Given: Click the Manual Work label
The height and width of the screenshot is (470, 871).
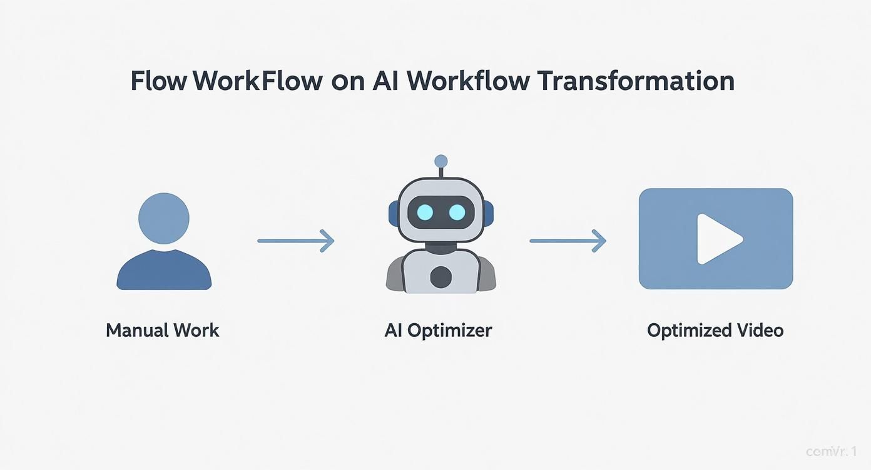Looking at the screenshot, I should click(x=163, y=330).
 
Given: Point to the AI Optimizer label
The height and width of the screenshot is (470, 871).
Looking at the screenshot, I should click(x=438, y=330).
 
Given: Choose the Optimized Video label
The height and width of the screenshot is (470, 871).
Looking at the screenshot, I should click(x=715, y=330).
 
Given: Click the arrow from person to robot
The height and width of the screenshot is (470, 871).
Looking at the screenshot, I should click(x=296, y=240).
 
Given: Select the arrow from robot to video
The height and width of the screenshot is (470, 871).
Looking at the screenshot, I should click(x=568, y=240).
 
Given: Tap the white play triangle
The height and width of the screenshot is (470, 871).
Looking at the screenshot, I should click(x=718, y=239).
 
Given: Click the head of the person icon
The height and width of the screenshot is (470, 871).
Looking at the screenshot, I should click(x=163, y=218).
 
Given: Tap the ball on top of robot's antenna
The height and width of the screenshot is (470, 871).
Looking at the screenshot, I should click(x=441, y=161).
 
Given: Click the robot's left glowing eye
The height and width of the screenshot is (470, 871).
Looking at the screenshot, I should click(x=425, y=212).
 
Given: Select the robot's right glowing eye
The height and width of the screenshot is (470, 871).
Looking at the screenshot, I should click(x=457, y=212).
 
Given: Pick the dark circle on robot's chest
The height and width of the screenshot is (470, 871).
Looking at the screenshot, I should click(x=441, y=276).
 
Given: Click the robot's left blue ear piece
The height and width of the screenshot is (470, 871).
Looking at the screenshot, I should click(x=393, y=212).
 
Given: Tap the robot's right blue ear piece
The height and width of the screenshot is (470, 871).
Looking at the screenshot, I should click(x=489, y=212).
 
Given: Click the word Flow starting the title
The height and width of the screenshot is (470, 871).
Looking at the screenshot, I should click(x=158, y=82).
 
